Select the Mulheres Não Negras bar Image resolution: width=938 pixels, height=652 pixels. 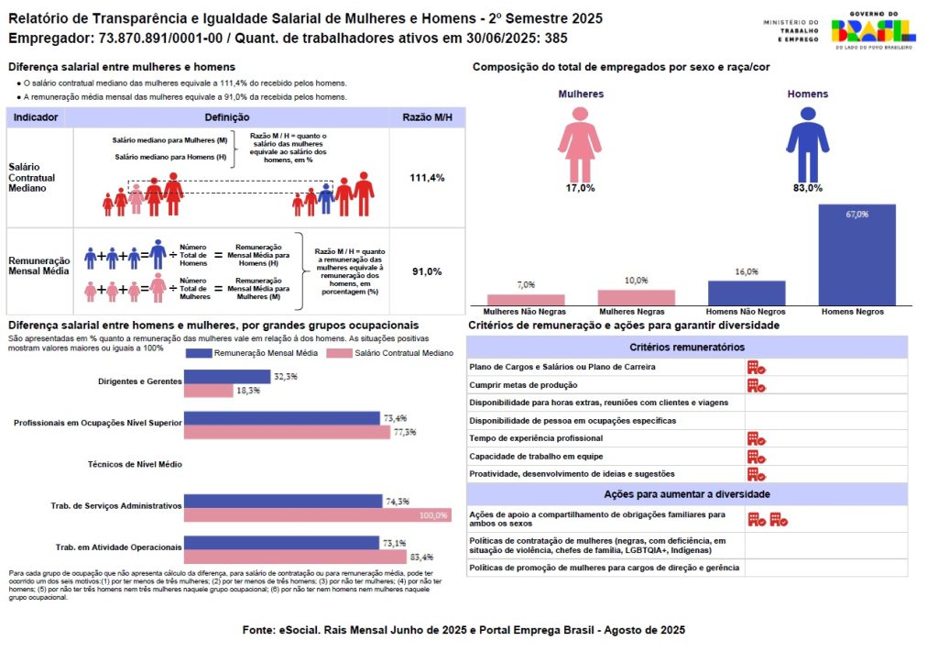tap(526, 299)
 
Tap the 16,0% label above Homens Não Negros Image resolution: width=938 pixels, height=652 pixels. tap(747, 271)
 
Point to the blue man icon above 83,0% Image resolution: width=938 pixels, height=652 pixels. tap(807, 143)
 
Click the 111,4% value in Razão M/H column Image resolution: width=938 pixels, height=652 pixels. tap(427, 178)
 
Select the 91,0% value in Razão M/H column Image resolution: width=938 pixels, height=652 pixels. tap(427, 271)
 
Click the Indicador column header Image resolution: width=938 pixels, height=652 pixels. tap(39, 117)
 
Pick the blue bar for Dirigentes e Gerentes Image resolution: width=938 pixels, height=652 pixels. tap(227, 377)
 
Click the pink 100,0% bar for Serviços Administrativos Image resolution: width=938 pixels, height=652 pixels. tap(317, 515)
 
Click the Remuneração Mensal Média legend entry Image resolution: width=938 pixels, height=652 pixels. tap(251, 353)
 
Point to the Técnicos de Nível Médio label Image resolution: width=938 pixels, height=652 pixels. tap(136, 464)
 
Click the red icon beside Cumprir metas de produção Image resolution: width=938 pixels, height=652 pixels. tap(756, 385)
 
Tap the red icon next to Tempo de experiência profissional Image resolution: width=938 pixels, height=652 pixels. tap(756, 438)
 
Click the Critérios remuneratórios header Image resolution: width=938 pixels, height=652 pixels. tap(687, 348)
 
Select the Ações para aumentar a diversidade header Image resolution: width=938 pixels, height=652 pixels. tap(687, 494)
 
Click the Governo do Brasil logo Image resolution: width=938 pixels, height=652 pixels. tap(873, 34)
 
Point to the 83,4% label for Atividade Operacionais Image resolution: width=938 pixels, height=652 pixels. tap(421, 557)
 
